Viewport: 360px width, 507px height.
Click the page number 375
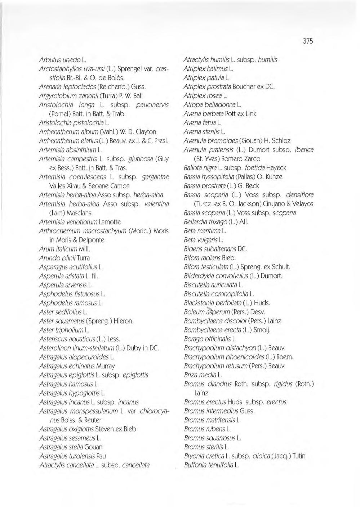click(x=308, y=41)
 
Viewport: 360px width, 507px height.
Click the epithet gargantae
click(x=155, y=177)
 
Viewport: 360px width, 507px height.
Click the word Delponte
click(x=92, y=240)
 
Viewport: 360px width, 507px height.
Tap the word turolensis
click(x=81, y=456)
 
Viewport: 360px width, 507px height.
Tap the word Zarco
click(x=249, y=159)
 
